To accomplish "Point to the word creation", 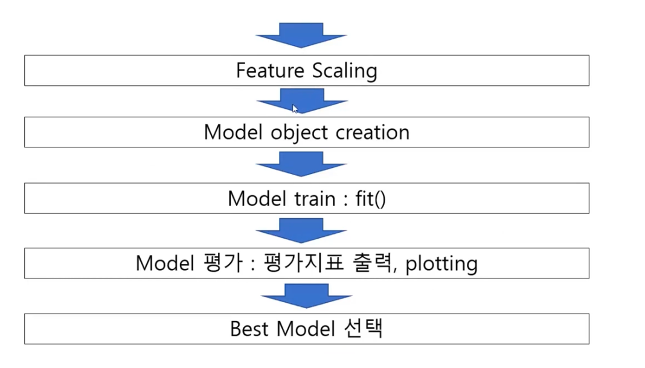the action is tap(375, 132).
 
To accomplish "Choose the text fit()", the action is tap(370, 199).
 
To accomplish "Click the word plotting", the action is tap(441, 263).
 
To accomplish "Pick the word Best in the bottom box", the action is tap(250, 329).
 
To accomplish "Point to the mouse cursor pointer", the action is tap(295, 109).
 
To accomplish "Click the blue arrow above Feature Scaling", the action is tap(301, 35).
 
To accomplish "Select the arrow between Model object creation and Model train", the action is tap(301, 164).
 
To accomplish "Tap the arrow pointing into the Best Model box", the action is tap(306, 296).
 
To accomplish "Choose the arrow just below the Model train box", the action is tap(301, 231).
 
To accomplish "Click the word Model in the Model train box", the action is tap(252, 199).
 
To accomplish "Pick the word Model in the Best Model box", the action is tap(306, 329).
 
